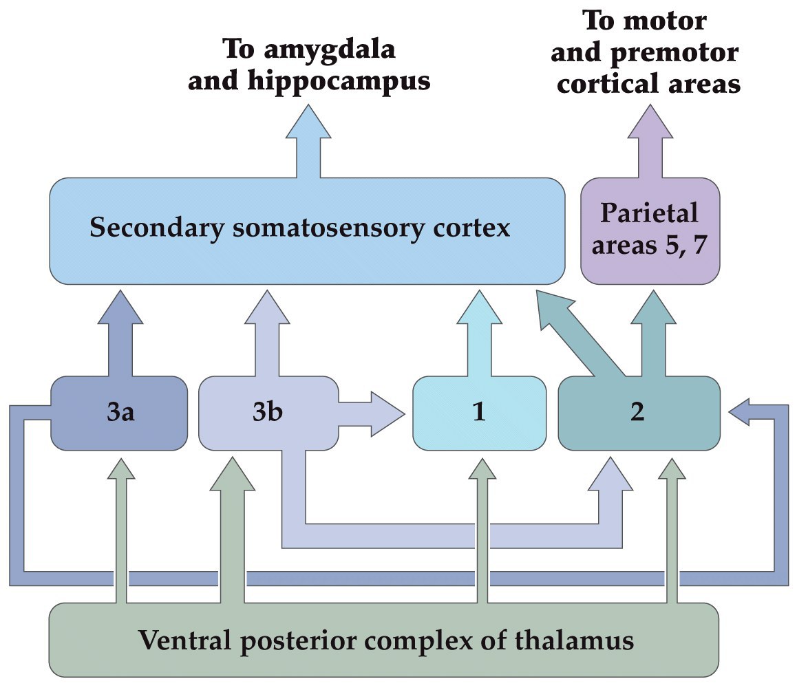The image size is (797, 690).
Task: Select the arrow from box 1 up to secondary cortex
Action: coord(479,333)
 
